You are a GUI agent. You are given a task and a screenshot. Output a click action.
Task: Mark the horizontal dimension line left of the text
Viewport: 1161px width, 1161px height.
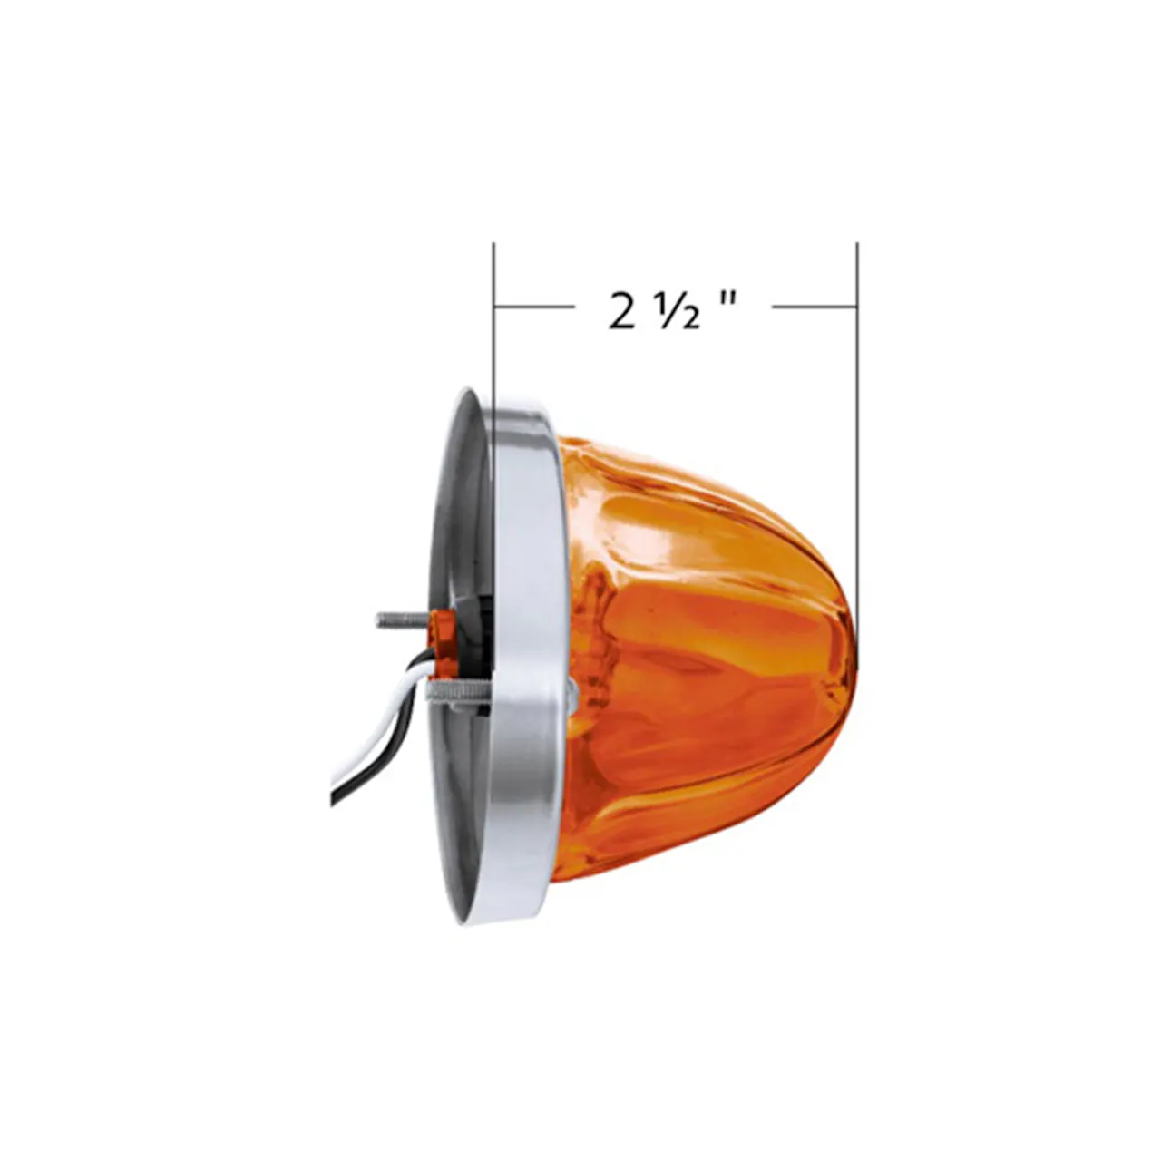(534, 307)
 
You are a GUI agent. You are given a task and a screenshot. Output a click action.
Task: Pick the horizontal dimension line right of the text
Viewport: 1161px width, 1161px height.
(814, 307)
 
